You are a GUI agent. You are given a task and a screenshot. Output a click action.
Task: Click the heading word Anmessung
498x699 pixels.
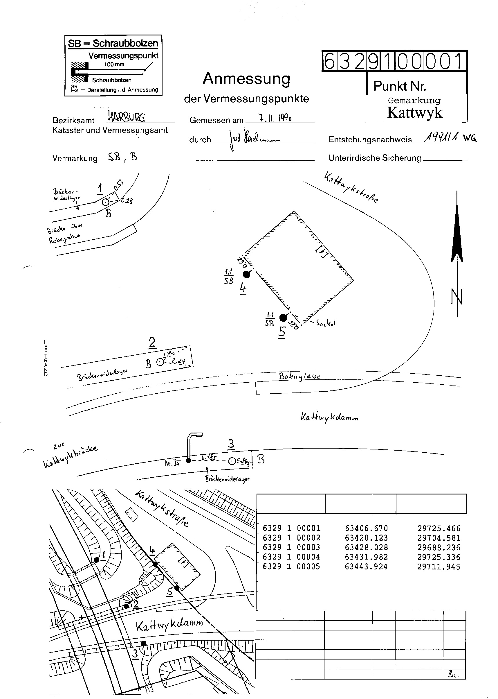coord(246,79)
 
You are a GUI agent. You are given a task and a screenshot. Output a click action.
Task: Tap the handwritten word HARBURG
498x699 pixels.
coord(126,117)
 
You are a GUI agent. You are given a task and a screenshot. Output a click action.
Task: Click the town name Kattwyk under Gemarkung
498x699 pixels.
coord(414,113)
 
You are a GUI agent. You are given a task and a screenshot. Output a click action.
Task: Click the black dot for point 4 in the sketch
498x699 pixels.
coord(246,274)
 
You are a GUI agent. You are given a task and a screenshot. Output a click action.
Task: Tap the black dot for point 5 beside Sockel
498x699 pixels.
coord(283,318)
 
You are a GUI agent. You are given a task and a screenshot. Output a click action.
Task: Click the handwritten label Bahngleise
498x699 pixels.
coord(299,376)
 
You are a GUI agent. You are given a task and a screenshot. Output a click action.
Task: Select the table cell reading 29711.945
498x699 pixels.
coord(439,567)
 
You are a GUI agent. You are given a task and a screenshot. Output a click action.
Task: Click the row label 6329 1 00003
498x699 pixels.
coord(291,547)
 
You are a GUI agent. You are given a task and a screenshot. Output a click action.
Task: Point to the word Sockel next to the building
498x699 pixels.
coord(326,323)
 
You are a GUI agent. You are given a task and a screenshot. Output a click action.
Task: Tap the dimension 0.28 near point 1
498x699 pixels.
coord(127,201)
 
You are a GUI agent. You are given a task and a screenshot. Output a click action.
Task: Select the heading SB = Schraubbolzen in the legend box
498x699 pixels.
coord(113,43)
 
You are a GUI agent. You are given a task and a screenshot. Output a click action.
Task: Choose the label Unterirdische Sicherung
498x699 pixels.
coord(375,158)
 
